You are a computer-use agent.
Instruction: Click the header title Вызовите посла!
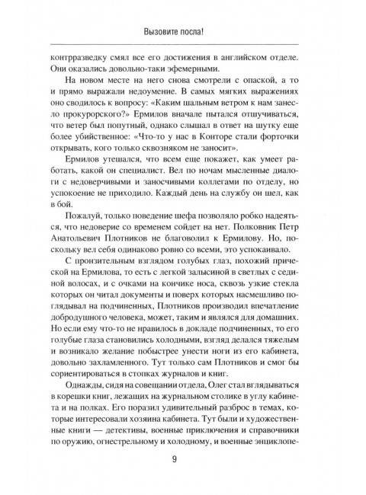[182, 31]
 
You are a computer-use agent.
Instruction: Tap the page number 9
[183, 459]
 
